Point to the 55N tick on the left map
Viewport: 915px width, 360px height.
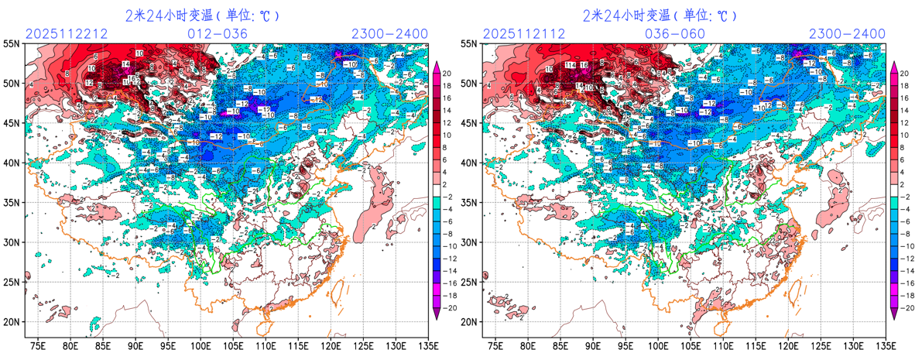(x=12, y=44)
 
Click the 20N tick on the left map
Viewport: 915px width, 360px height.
(x=12, y=321)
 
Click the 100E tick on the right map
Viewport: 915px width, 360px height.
(x=658, y=345)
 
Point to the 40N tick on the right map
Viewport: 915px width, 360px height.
(x=468, y=163)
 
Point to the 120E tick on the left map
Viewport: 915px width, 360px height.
(x=331, y=345)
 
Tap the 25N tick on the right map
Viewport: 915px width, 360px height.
(x=468, y=282)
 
